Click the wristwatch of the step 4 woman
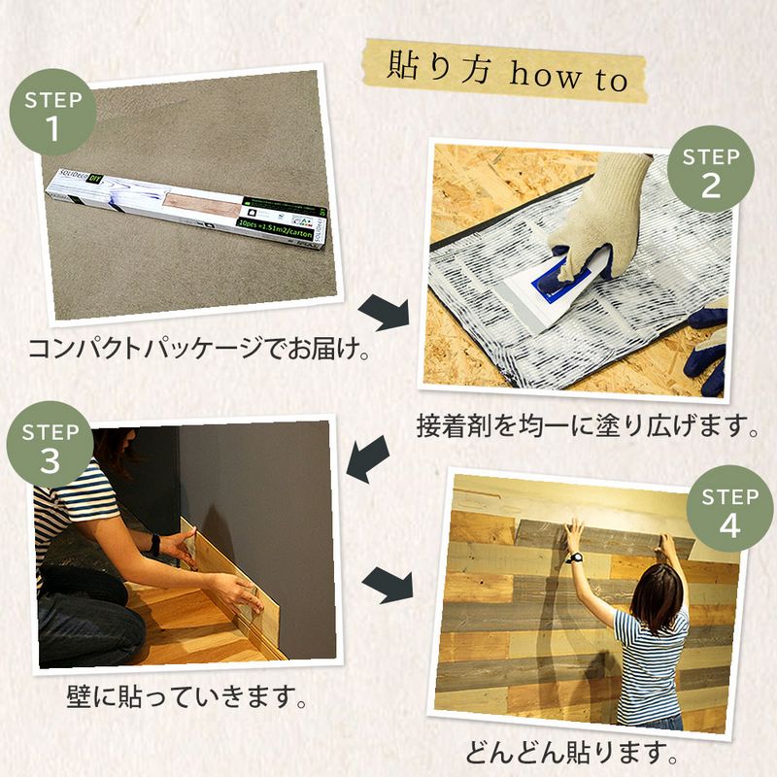[576, 557]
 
